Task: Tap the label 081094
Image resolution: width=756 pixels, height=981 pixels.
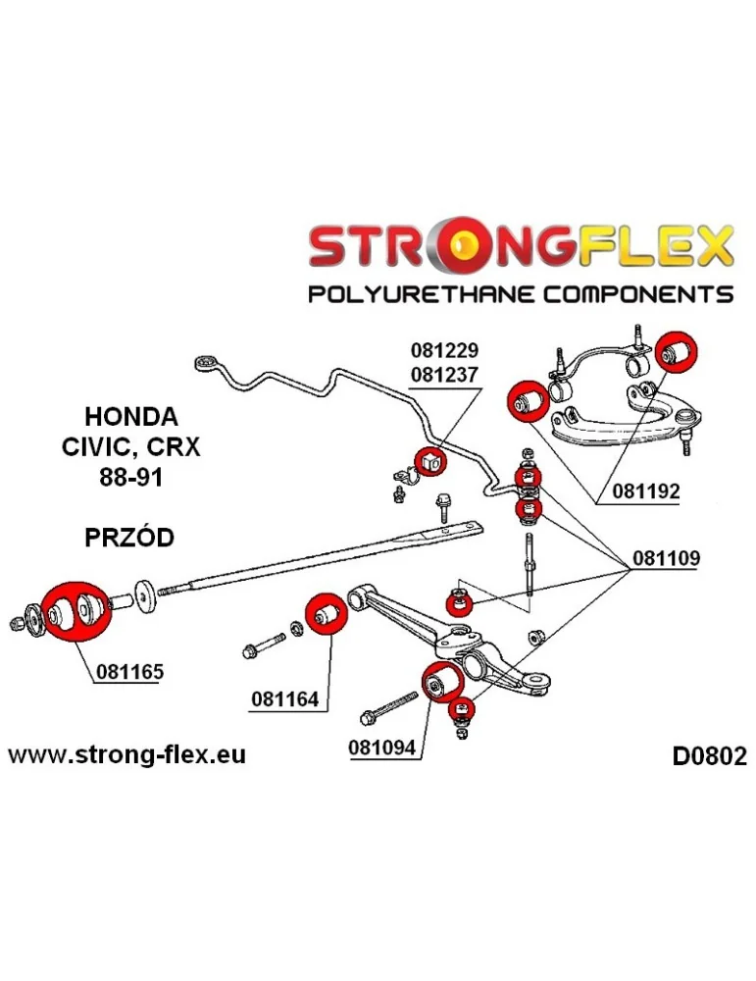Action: pyautogui.click(x=381, y=748)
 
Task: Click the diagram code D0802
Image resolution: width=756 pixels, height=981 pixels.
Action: pyautogui.click(x=708, y=756)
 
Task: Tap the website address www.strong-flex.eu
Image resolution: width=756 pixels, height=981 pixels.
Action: pyautogui.click(x=127, y=754)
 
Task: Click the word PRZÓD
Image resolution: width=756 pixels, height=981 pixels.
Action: pyautogui.click(x=127, y=538)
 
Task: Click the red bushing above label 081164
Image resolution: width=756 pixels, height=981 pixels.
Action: pyautogui.click(x=325, y=613)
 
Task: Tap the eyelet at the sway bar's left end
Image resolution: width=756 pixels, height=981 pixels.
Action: pyautogui.click(x=207, y=362)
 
